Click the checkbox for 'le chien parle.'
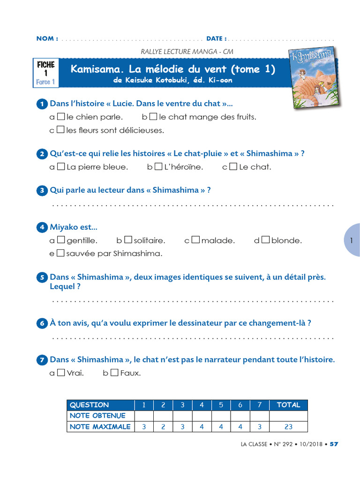click(60, 116)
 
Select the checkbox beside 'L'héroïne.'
click(158, 166)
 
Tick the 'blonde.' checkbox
click(265, 240)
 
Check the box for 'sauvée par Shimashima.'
click(60, 253)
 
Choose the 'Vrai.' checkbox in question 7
click(61, 373)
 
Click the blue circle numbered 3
click(42, 191)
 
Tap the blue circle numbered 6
click(42, 323)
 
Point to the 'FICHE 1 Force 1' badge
click(45, 73)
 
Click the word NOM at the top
click(47, 38)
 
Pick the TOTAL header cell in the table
click(288, 405)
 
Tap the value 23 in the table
click(288, 427)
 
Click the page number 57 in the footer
click(334, 444)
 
